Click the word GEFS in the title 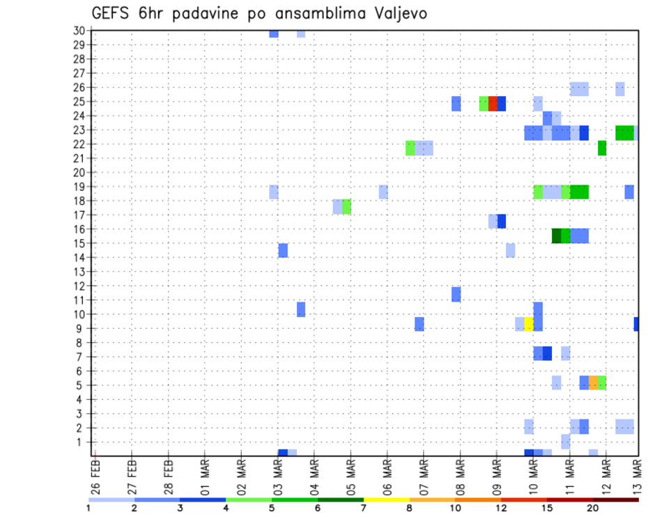[x=113, y=13]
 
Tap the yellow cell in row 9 [x=528, y=324]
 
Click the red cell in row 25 [x=493, y=104]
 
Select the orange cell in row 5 [x=593, y=383]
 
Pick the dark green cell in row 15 [x=556, y=236]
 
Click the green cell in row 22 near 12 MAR [x=602, y=148]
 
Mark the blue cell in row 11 [x=456, y=294]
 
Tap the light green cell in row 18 [x=346, y=207]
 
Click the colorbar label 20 [x=593, y=508]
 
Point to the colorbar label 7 [x=364, y=508]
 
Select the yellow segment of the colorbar [x=386, y=500]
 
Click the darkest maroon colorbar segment [x=616, y=500]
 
